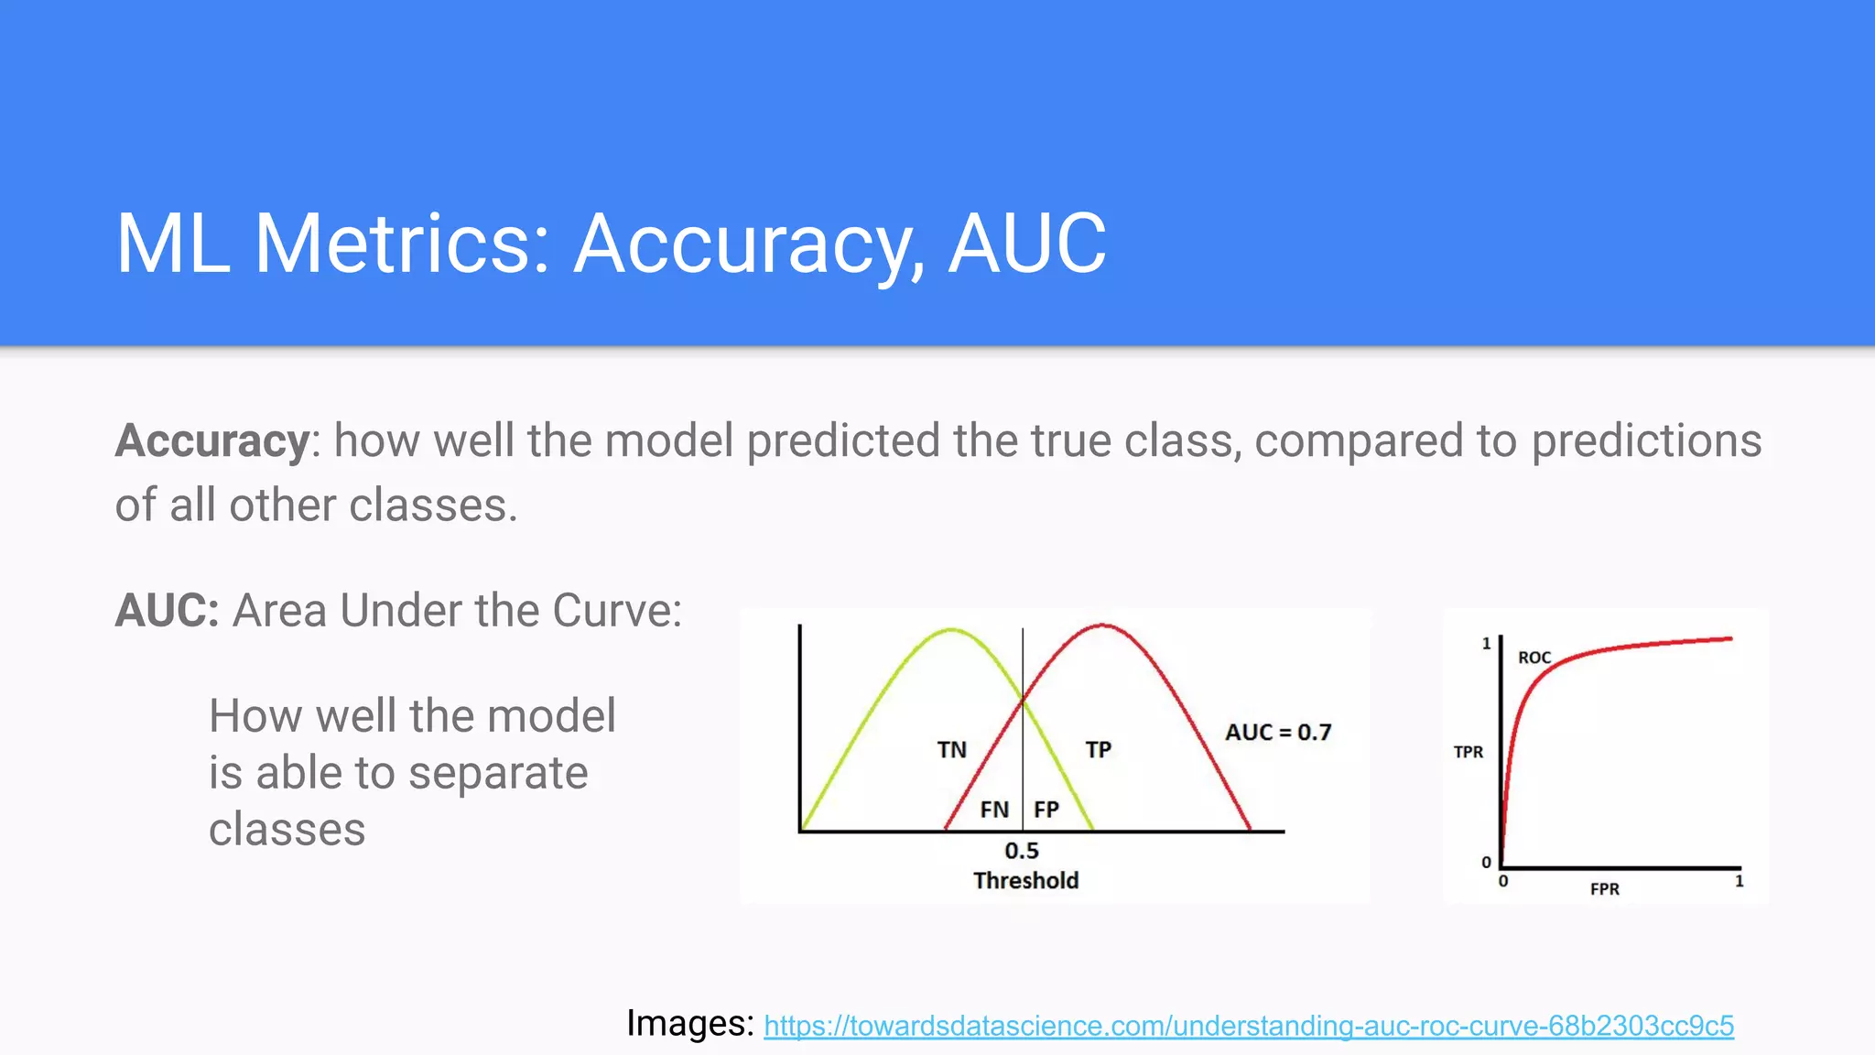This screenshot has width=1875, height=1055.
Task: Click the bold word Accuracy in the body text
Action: [212, 441]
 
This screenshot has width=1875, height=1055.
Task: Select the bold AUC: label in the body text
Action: [167, 611]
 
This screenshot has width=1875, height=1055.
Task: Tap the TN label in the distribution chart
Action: [951, 750]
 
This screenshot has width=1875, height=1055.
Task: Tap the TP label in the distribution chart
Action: [1098, 750]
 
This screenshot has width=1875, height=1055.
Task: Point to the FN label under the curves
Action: [994, 810]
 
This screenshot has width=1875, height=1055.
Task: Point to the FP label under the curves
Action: [1046, 810]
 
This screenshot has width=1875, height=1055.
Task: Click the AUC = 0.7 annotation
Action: [1278, 733]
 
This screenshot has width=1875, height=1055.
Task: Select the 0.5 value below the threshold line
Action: [1022, 851]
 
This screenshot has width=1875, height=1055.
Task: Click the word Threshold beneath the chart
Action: [1025, 881]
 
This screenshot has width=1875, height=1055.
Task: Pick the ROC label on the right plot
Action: [1534, 658]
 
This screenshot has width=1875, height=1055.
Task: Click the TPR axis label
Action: [1469, 752]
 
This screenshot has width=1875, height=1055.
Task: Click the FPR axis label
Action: [1604, 889]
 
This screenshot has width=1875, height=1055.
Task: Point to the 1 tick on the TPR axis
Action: [1486, 644]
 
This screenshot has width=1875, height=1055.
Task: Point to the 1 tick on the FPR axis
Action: [1739, 881]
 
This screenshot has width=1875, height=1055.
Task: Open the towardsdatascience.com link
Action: [1248, 1026]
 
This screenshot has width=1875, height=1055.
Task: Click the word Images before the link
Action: [688, 1023]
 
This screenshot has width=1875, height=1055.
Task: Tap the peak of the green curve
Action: [952, 630]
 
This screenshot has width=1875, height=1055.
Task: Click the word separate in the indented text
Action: [498, 773]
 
